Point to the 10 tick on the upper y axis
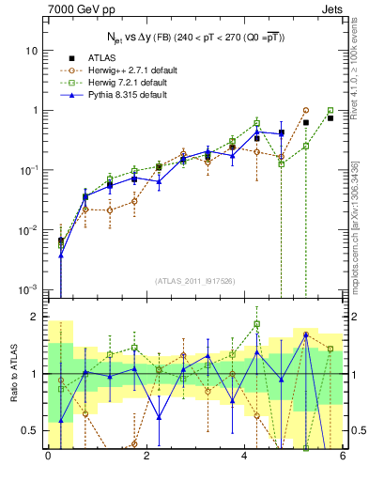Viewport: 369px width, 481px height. coord(32,50)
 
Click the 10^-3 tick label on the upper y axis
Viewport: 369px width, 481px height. coord(29,289)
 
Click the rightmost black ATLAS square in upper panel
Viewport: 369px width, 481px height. coord(330,118)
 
